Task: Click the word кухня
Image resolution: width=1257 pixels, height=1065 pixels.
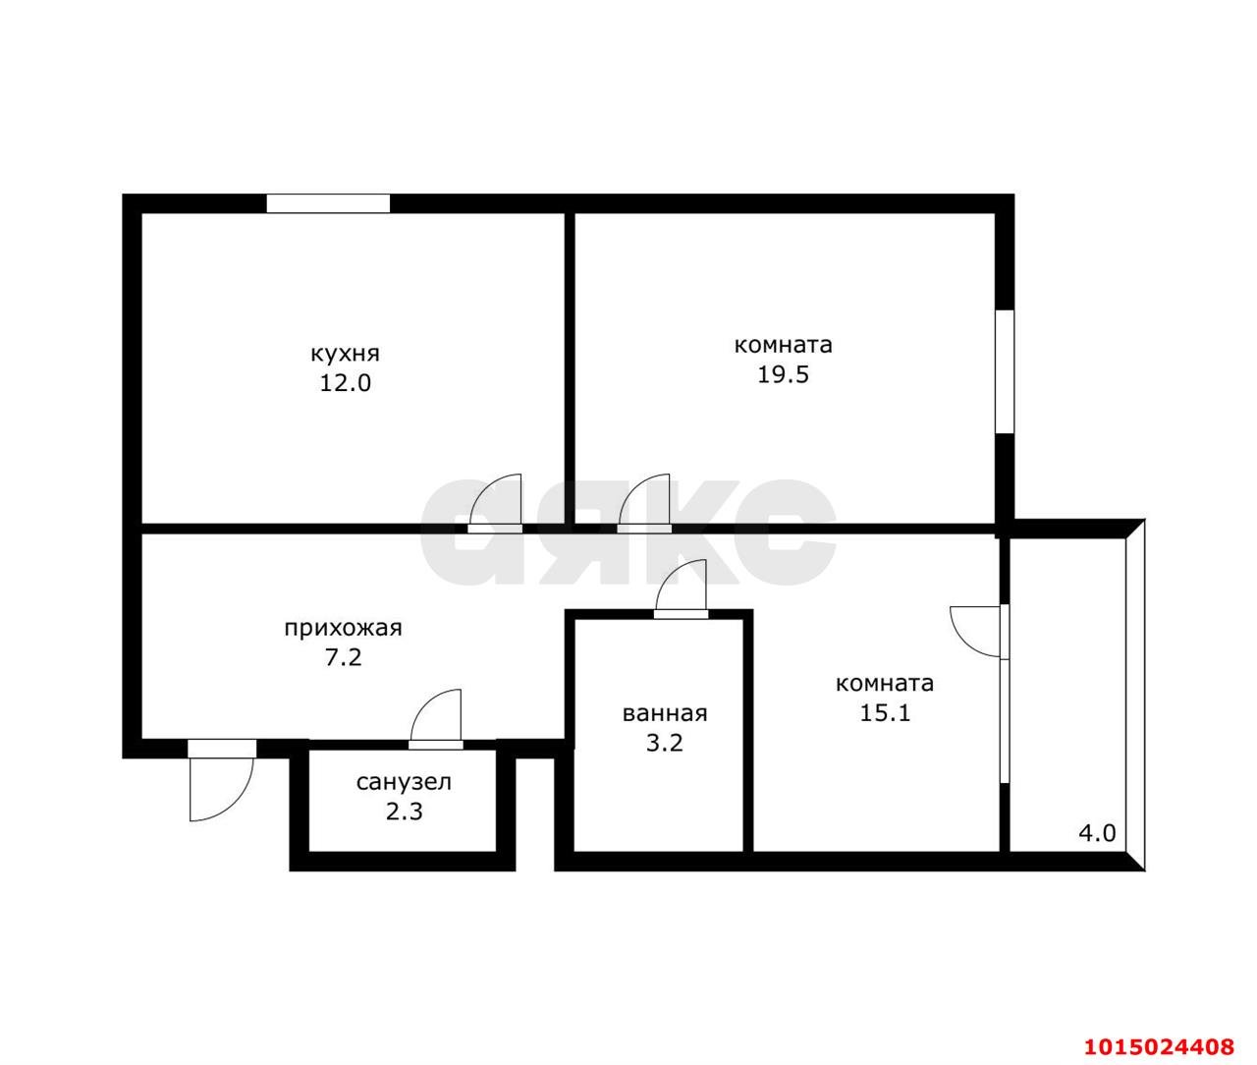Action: tap(345, 355)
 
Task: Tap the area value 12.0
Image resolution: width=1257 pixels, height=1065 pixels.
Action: tap(345, 383)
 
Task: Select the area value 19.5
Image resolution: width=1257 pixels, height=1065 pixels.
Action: tap(783, 375)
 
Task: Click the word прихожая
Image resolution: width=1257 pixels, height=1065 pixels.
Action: tap(343, 629)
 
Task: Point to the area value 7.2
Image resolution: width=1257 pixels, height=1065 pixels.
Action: tap(344, 658)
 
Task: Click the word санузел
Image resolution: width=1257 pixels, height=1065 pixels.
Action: tap(404, 783)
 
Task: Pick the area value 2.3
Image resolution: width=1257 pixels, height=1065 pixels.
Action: tap(404, 812)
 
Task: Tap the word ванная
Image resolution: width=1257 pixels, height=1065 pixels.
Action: tap(665, 714)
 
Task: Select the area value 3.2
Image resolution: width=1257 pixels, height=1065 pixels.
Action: tap(665, 743)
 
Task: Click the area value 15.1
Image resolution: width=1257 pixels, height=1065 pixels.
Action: tap(885, 712)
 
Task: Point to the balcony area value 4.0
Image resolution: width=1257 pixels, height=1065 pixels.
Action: tap(1098, 833)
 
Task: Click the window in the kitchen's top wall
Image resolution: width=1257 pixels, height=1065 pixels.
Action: tap(328, 203)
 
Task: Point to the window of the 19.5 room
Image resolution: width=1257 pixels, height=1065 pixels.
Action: tap(1005, 371)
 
